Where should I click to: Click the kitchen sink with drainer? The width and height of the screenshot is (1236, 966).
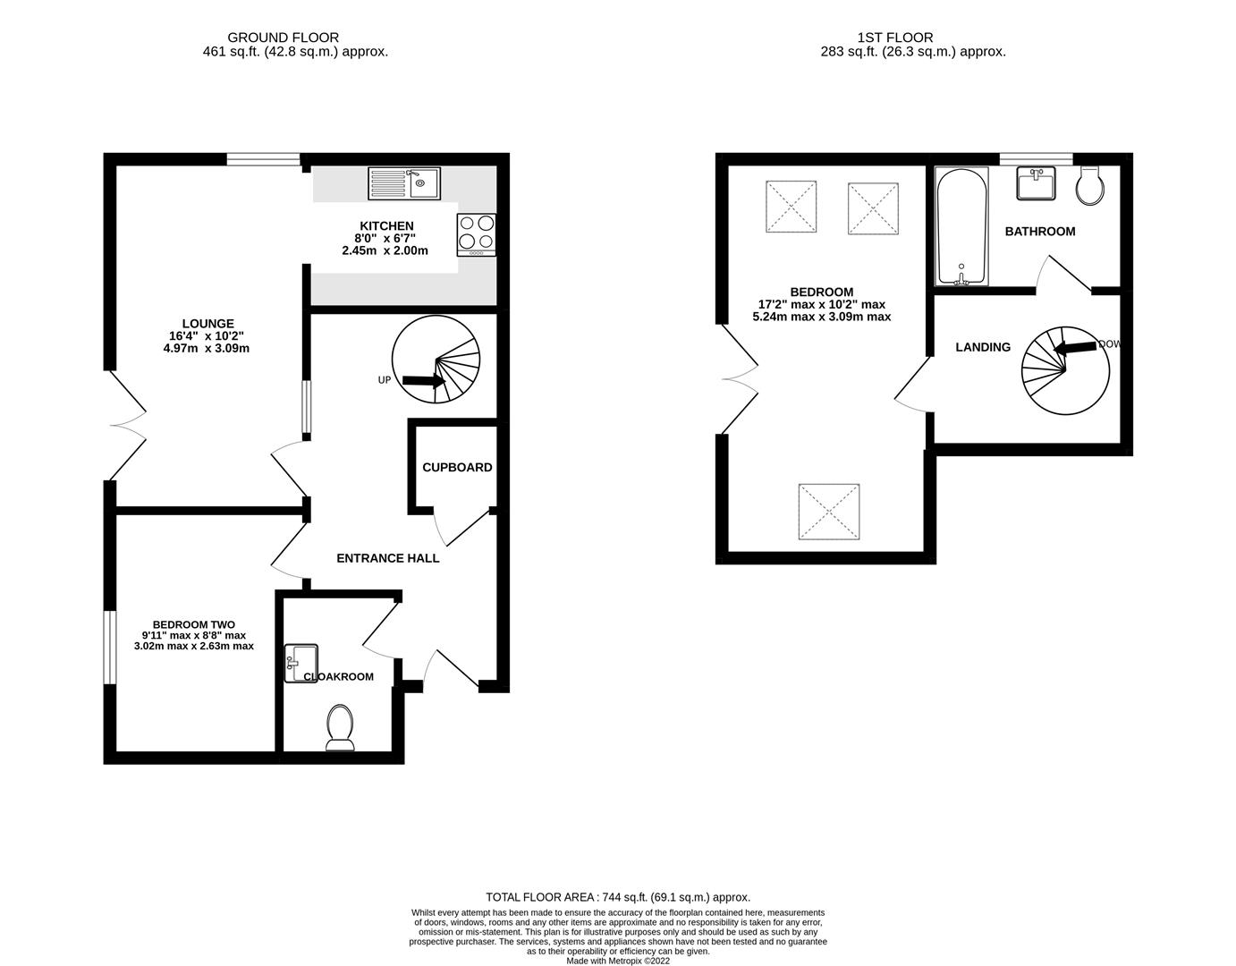click(403, 183)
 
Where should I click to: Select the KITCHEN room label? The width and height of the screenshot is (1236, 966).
click(386, 225)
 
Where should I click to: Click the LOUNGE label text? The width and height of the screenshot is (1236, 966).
click(207, 324)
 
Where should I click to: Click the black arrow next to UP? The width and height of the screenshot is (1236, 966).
click(424, 381)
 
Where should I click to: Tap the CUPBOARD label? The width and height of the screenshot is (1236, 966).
click(457, 467)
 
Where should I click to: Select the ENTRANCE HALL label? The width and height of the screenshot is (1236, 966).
click(387, 558)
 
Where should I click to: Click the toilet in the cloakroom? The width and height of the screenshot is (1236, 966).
click(340, 727)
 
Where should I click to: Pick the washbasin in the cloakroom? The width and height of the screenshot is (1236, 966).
click(301, 663)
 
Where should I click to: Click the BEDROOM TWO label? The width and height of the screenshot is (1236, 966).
click(193, 624)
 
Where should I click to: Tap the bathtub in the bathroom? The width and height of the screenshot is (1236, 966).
click(961, 226)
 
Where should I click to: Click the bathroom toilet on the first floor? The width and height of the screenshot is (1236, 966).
click(1092, 185)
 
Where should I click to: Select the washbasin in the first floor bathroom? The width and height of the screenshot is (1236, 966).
click(1037, 183)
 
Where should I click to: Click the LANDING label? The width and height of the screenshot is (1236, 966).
click(983, 347)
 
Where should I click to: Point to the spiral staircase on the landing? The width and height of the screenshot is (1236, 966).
click(1064, 370)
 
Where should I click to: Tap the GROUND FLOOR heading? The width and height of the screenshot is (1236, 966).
click(283, 38)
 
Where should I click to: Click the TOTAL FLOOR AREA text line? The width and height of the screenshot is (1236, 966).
click(617, 896)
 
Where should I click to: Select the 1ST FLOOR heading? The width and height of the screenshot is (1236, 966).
click(894, 38)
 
